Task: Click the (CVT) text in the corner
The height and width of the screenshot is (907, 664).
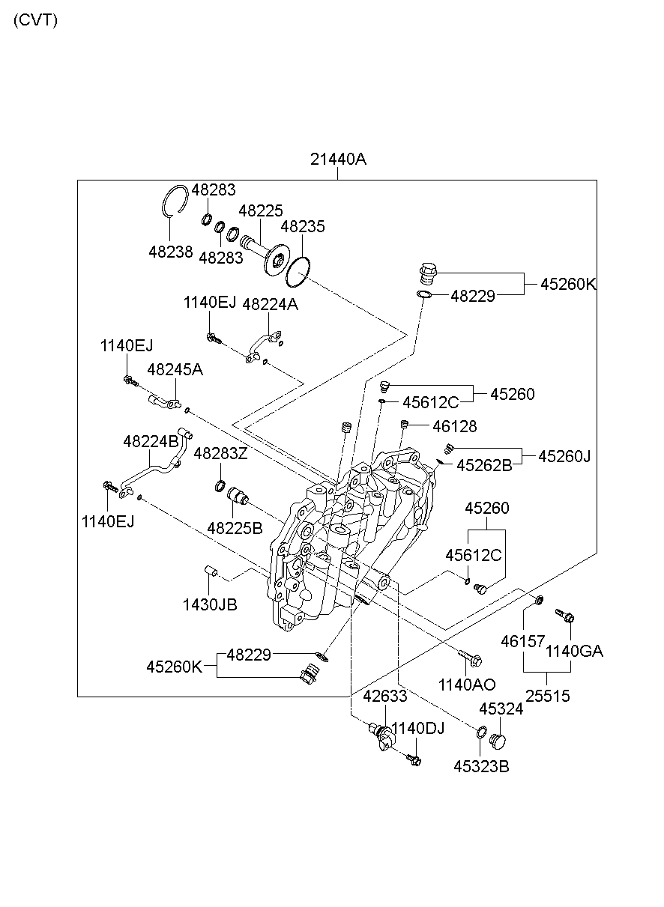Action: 35,20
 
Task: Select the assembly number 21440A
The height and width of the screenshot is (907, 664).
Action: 338,159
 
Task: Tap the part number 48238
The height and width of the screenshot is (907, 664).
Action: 170,252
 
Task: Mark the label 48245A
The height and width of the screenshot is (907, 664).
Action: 175,369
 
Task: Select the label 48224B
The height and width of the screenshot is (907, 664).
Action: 151,441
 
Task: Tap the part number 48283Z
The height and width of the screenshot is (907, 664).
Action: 220,453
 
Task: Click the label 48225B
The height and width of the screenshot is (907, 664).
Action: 235,527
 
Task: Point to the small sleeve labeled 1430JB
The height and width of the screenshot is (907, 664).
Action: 211,574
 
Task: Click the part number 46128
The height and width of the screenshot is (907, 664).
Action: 454,426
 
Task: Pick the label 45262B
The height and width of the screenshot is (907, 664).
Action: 484,465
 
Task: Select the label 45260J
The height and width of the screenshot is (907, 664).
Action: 564,455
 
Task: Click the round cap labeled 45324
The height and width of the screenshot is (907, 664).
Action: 498,741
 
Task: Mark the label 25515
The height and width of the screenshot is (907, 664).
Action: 547,696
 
